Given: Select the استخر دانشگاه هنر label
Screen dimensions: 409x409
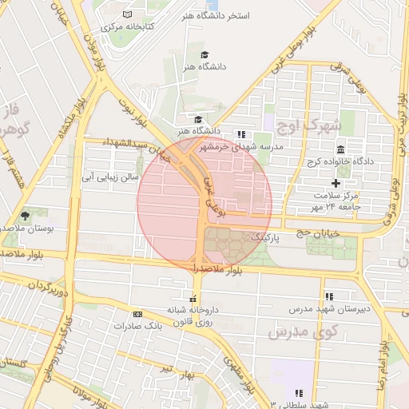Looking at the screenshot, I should click(x=239, y=16).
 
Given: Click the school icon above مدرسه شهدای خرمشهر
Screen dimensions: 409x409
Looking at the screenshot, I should click(x=241, y=134).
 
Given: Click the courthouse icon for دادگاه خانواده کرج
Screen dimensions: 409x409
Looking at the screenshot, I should click(x=341, y=151).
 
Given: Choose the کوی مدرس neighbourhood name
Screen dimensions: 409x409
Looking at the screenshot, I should click(x=303, y=331).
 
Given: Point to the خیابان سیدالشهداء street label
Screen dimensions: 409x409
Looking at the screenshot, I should click(x=130, y=143).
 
